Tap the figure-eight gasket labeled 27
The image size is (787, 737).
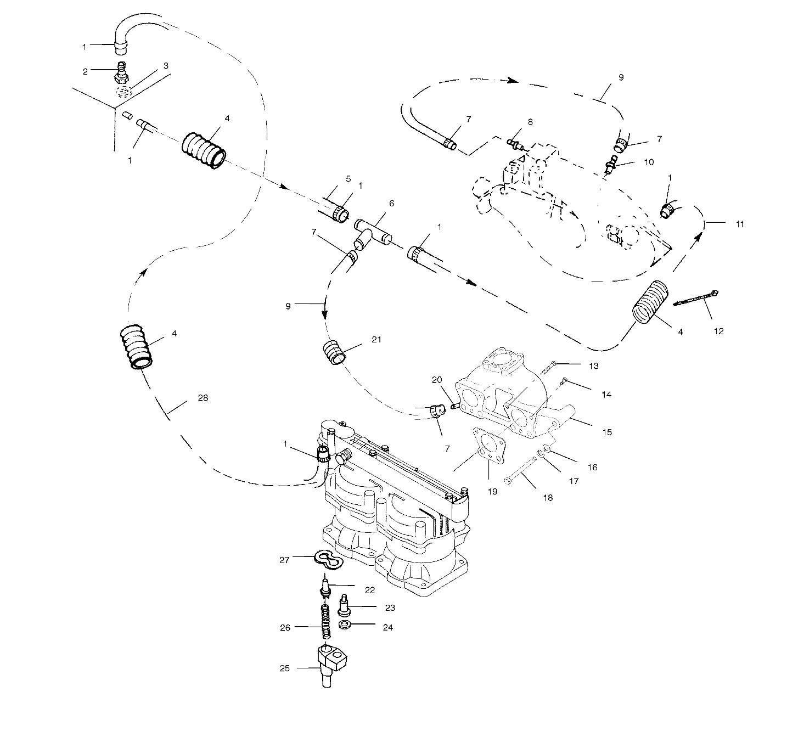(x=328, y=560)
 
